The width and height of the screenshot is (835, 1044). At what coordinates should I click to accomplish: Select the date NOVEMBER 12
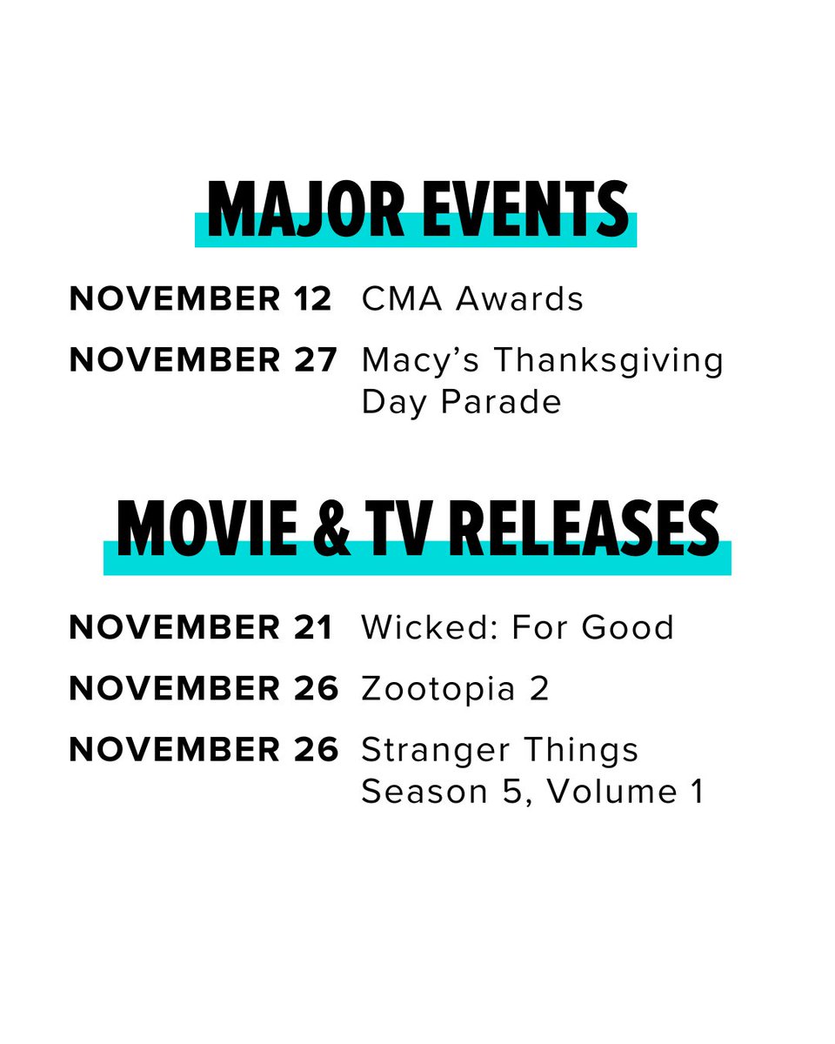[x=200, y=299]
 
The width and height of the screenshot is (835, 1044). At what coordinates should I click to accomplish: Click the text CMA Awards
[x=472, y=299]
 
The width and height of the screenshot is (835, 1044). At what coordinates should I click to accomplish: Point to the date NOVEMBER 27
[x=203, y=360]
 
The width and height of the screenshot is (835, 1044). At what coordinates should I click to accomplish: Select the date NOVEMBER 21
[x=201, y=627]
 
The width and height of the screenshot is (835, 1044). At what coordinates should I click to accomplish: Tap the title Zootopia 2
[x=455, y=689]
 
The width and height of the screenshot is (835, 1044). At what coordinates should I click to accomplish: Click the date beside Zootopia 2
[x=203, y=689]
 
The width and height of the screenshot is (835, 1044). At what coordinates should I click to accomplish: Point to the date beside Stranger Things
[x=203, y=750]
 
